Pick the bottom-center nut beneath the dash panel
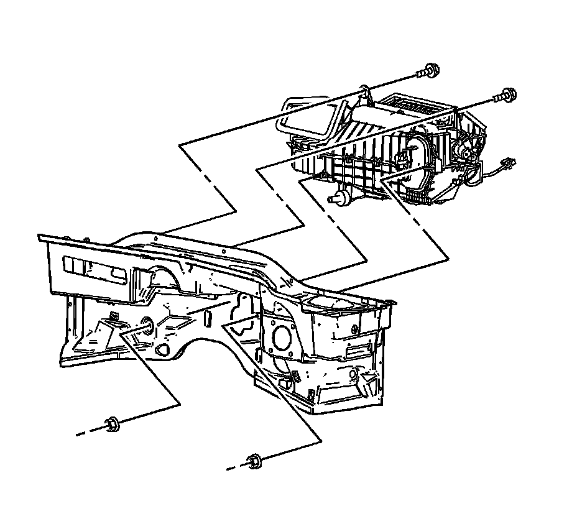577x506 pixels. click(252, 461)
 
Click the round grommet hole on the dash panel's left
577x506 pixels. click(149, 328)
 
